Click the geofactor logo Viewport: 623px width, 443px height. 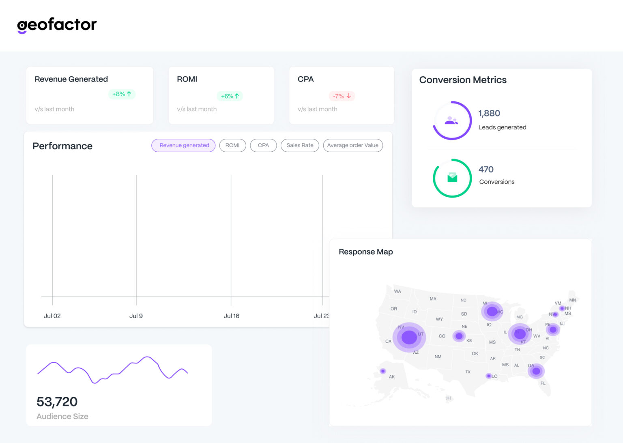pyautogui.click(x=57, y=25)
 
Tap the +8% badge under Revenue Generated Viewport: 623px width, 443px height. pyautogui.click(x=122, y=94)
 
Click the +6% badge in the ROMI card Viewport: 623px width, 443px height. pyautogui.click(x=230, y=96)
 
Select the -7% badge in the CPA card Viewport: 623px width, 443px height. pyautogui.click(x=342, y=96)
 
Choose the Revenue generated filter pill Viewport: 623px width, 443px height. pyautogui.click(x=184, y=145)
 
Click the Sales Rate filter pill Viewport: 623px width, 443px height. pyautogui.click(x=300, y=145)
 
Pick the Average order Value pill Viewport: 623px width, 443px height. pyautogui.click(x=352, y=145)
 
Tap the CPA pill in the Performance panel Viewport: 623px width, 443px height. pyautogui.click(x=263, y=145)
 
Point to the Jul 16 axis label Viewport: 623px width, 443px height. pyautogui.click(x=231, y=316)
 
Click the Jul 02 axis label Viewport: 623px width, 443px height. pyautogui.click(x=52, y=316)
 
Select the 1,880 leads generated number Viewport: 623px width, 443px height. pyautogui.click(x=489, y=114)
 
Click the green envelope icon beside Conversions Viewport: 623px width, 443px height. pyautogui.click(x=452, y=178)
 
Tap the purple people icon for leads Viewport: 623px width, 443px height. pyautogui.click(x=451, y=120)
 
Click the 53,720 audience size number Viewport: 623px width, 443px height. pyautogui.click(x=57, y=402)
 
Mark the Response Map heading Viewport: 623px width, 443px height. pyautogui.click(x=365, y=252)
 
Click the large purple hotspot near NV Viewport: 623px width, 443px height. pyautogui.click(x=409, y=337)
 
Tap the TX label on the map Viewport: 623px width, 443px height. pyautogui.click(x=468, y=372)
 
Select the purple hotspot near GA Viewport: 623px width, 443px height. pyautogui.click(x=536, y=371)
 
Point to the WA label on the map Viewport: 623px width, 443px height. pyautogui.click(x=397, y=291)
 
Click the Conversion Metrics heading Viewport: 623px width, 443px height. pyautogui.click(x=462, y=80)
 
